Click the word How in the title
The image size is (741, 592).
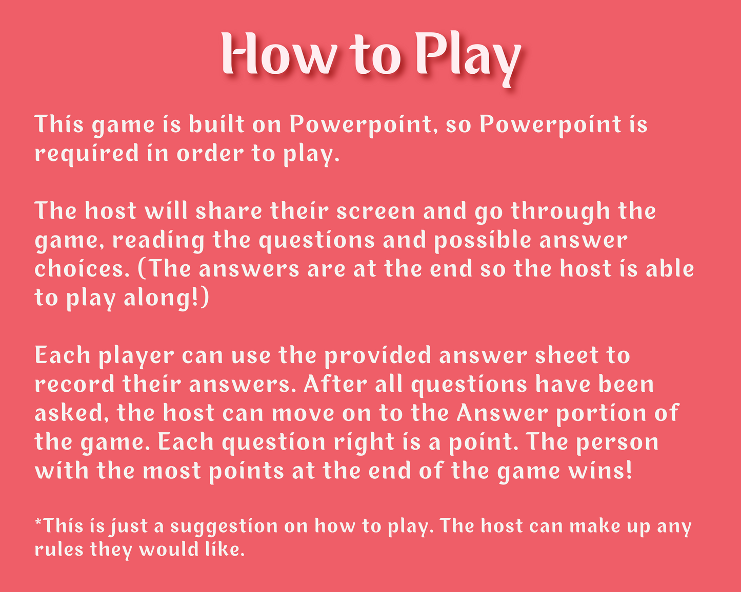click(x=279, y=53)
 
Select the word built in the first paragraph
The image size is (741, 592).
click(x=217, y=124)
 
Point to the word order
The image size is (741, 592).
click(x=210, y=153)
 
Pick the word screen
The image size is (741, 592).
click(x=376, y=210)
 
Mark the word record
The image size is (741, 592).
click(x=74, y=384)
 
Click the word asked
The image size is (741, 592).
click(x=69, y=413)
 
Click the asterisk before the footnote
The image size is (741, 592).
click(x=38, y=522)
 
